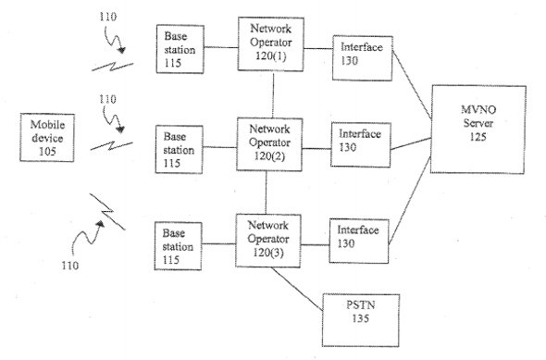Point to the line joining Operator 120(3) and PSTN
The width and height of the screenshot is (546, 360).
click(x=297, y=289)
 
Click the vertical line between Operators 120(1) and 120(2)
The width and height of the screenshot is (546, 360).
click(x=273, y=94)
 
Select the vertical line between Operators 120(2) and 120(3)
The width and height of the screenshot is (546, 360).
click(x=266, y=192)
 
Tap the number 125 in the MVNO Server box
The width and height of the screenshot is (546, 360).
click(x=478, y=137)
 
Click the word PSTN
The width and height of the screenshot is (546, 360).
click(x=360, y=305)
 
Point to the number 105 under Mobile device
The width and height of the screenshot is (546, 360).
click(x=47, y=152)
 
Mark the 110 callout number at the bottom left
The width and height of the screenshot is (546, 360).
click(x=70, y=266)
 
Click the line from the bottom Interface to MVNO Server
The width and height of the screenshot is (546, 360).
click(x=409, y=200)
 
